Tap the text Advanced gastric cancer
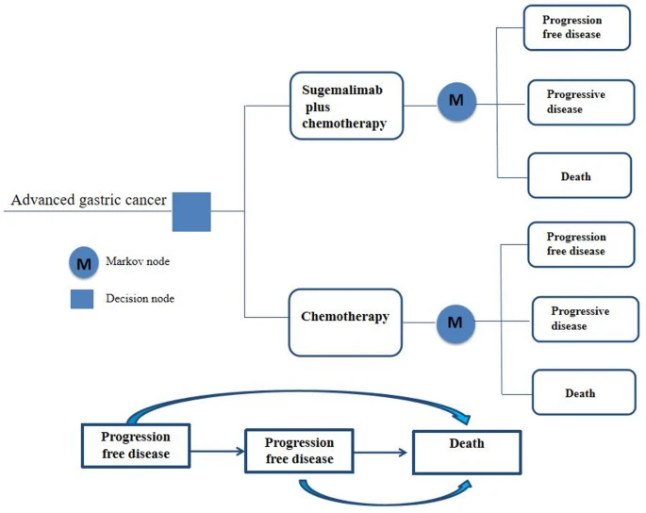click(x=89, y=200)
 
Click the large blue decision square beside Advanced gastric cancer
click(x=191, y=211)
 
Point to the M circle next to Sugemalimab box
click(x=456, y=101)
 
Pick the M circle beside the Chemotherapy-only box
click(x=456, y=323)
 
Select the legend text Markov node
click(x=139, y=260)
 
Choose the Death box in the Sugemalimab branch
click(x=577, y=175)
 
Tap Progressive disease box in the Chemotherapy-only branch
click(x=584, y=319)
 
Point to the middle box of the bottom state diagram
click(x=299, y=452)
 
